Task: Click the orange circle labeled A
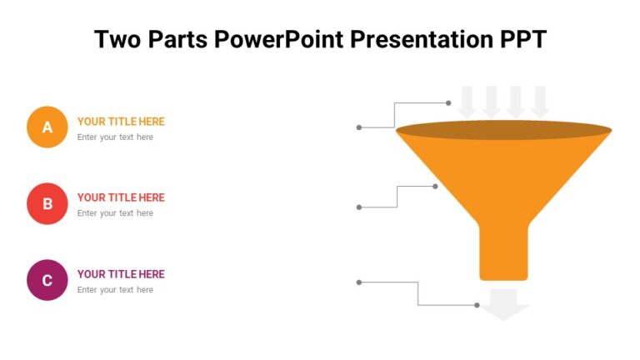[x=47, y=127]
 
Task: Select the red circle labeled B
[x=47, y=204]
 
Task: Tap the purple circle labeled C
[x=47, y=280]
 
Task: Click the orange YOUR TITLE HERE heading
[x=121, y=122]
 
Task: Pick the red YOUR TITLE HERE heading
[x=121, y=197]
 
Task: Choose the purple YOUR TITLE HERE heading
[x=121, y=274]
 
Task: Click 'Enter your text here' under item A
[x=115, y=137]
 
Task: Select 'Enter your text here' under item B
[x=115, y=213]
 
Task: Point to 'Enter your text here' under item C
[x=115, y=290]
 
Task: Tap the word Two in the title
[x=116, y=39]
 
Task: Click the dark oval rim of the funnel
[x=503, y=130]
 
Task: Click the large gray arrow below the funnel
[x=504, y=304]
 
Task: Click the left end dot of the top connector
[x=359, y=127]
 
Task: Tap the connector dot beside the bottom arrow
[x=477, y=305]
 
